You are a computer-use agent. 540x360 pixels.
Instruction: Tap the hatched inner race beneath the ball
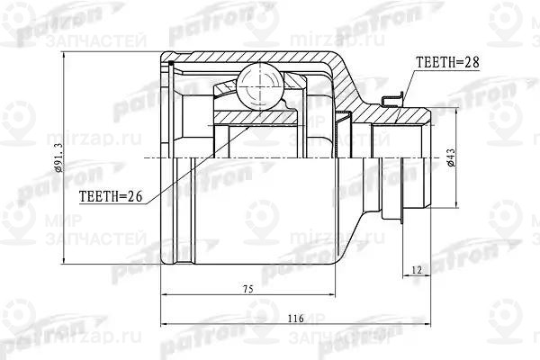point(256,115)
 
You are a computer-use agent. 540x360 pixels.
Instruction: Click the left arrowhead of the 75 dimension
point(163,295)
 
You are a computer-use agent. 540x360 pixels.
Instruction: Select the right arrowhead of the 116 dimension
point(435,326)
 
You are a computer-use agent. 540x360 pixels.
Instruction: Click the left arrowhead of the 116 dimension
point(163,326)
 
